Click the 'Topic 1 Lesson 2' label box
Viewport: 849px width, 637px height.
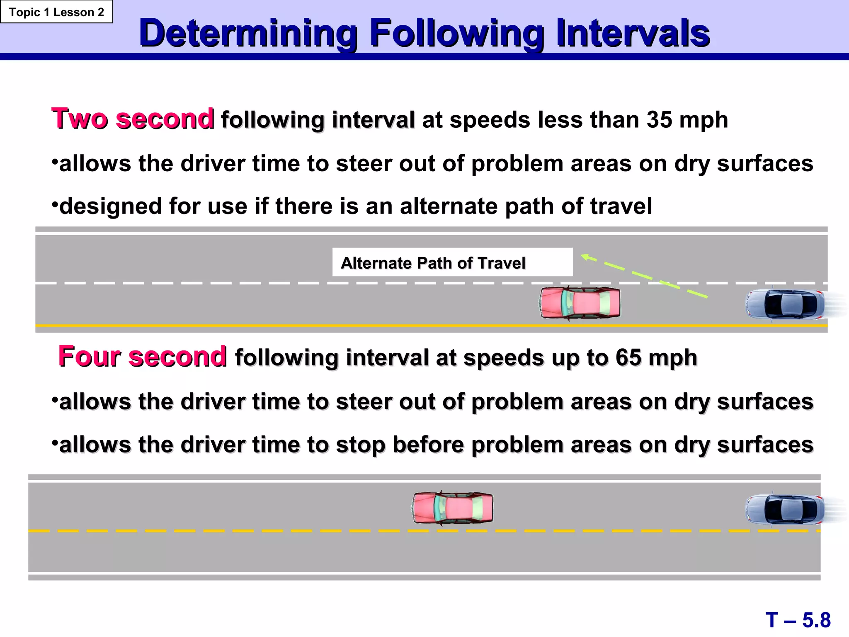56,12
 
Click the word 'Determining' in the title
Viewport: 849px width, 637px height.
248,33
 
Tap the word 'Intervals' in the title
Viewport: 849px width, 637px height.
633,33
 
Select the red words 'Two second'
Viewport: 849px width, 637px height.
133,119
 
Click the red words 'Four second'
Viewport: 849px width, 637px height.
142,357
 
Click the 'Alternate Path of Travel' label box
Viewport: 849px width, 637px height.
452,263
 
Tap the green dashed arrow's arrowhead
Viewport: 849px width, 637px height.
585,257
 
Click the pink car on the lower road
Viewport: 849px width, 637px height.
453,508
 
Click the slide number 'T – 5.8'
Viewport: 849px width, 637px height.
798,620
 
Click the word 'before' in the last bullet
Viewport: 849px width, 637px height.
428,445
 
